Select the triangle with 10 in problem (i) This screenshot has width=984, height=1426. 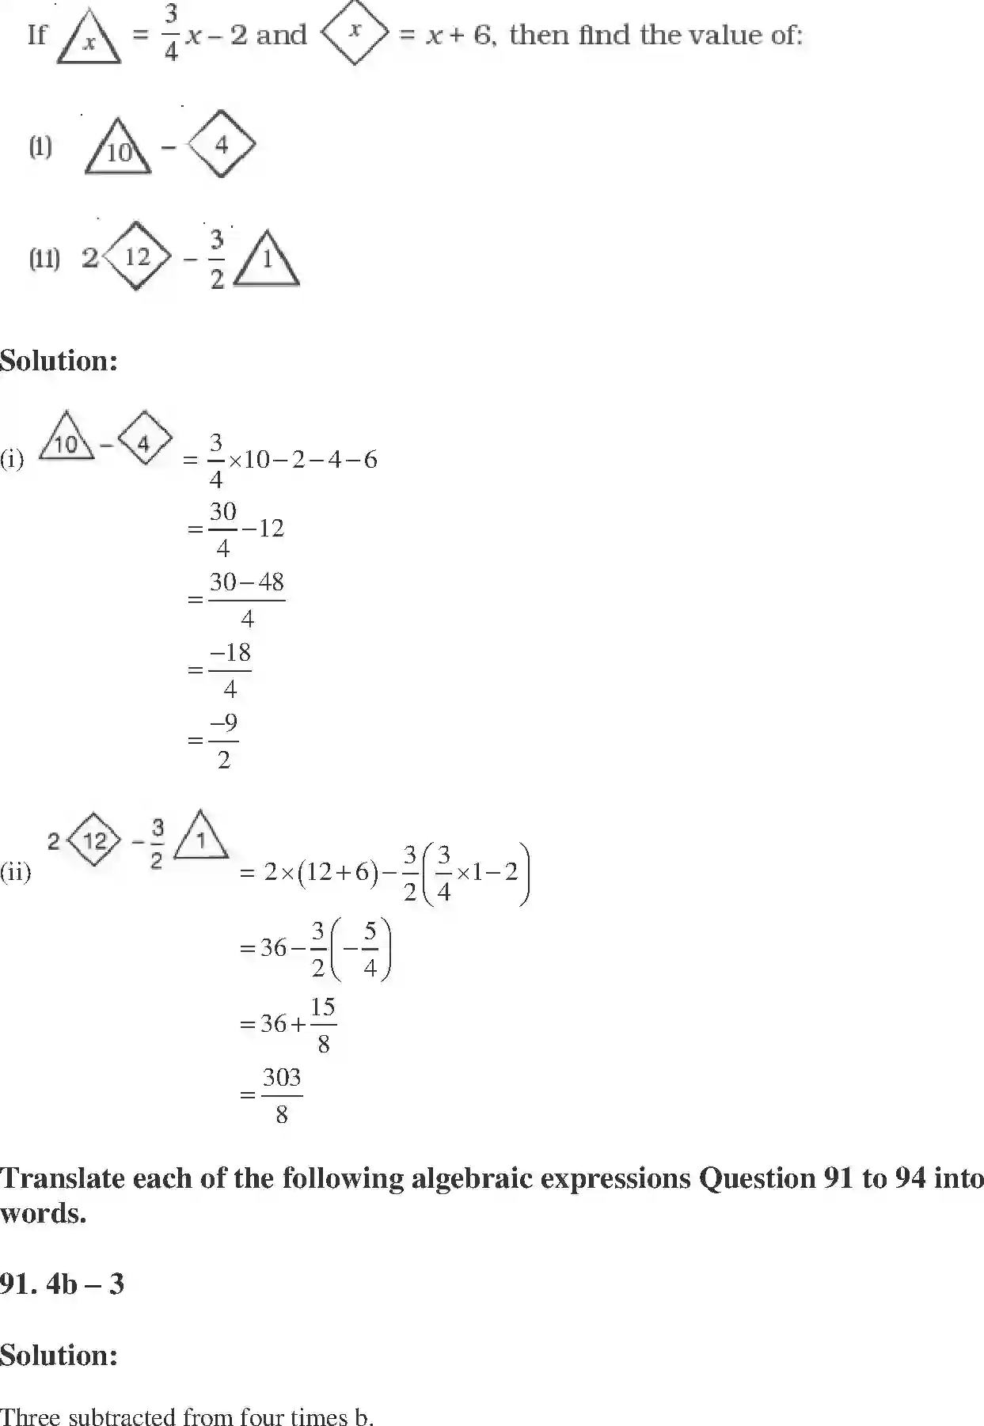(118, 147)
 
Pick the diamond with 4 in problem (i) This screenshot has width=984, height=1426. (221, 144)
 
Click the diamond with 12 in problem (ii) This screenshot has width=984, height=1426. (137, 256)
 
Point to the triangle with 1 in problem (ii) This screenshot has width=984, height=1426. (268, 260)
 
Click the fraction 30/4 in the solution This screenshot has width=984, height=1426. (222, 529)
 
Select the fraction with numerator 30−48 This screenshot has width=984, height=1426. (246, 599)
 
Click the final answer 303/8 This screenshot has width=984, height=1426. (281, 1095)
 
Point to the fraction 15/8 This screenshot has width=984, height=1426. (323, 1025)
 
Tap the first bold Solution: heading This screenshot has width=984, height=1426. (59, 361)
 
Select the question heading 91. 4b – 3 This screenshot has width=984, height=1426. (63, 1284)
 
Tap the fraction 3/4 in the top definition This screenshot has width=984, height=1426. (171, 35)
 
